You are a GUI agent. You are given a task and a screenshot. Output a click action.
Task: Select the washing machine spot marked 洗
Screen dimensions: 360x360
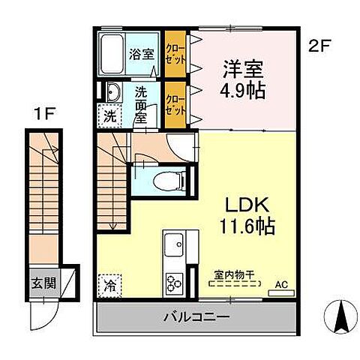click(109, 116)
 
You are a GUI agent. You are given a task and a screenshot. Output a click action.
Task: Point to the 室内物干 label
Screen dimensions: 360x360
click(233, 275)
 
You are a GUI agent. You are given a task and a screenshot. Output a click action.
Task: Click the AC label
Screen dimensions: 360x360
click(282, 284)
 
